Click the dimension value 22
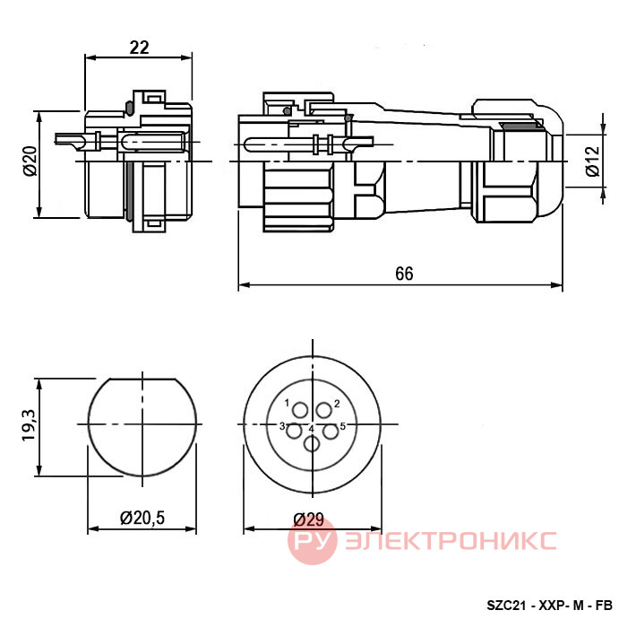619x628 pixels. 139,48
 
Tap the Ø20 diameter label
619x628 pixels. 30,161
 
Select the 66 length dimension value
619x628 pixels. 404,274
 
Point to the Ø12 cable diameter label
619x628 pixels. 593,161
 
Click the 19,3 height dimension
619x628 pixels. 29,426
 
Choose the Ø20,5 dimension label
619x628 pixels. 142,518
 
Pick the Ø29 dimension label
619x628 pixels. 309,519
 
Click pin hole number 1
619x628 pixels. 300,411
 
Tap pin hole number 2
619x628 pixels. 324,411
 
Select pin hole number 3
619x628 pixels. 295,432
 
